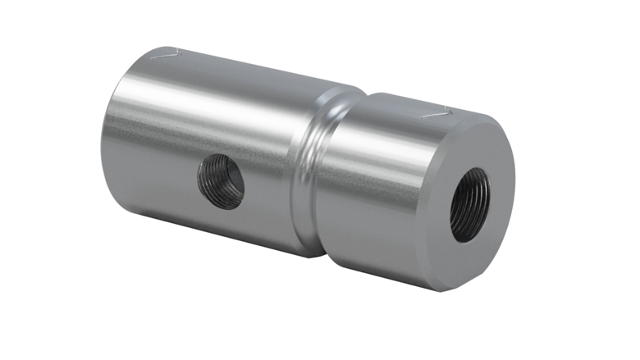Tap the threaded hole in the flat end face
470,204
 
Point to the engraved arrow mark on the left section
166,53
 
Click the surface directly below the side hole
220,226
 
